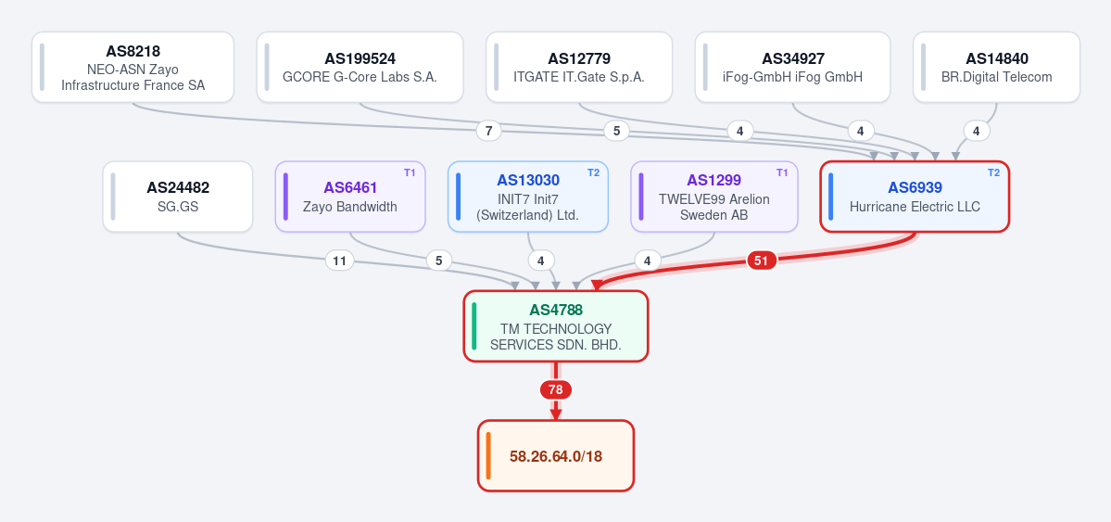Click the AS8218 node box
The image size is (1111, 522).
point(133,68)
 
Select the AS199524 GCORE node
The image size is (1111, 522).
point(360,68)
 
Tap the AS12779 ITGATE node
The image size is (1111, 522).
point(579,68)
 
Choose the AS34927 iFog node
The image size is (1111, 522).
point(793,68)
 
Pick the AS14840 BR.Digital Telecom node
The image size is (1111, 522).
point(996,68)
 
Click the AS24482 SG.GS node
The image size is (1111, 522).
point(178,197)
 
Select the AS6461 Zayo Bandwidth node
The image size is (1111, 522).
point(350,197)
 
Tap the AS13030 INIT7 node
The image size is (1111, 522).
point(528,197)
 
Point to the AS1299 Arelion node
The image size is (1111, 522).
point(714,197)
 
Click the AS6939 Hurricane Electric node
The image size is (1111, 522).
point(915,197)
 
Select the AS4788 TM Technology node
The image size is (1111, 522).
point(556,326)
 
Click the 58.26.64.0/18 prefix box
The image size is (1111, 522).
point(556,455)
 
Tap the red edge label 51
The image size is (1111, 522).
point(761,261)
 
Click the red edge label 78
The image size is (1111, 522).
point(556,390)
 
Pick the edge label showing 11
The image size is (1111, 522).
point(339,261)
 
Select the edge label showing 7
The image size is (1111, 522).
point(489,131)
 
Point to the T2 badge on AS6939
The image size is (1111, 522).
point(994,172)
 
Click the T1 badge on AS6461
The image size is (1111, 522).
point(410,172)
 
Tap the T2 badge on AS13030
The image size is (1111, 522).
point(593,172)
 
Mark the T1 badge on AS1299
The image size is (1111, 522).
point(782,172)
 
